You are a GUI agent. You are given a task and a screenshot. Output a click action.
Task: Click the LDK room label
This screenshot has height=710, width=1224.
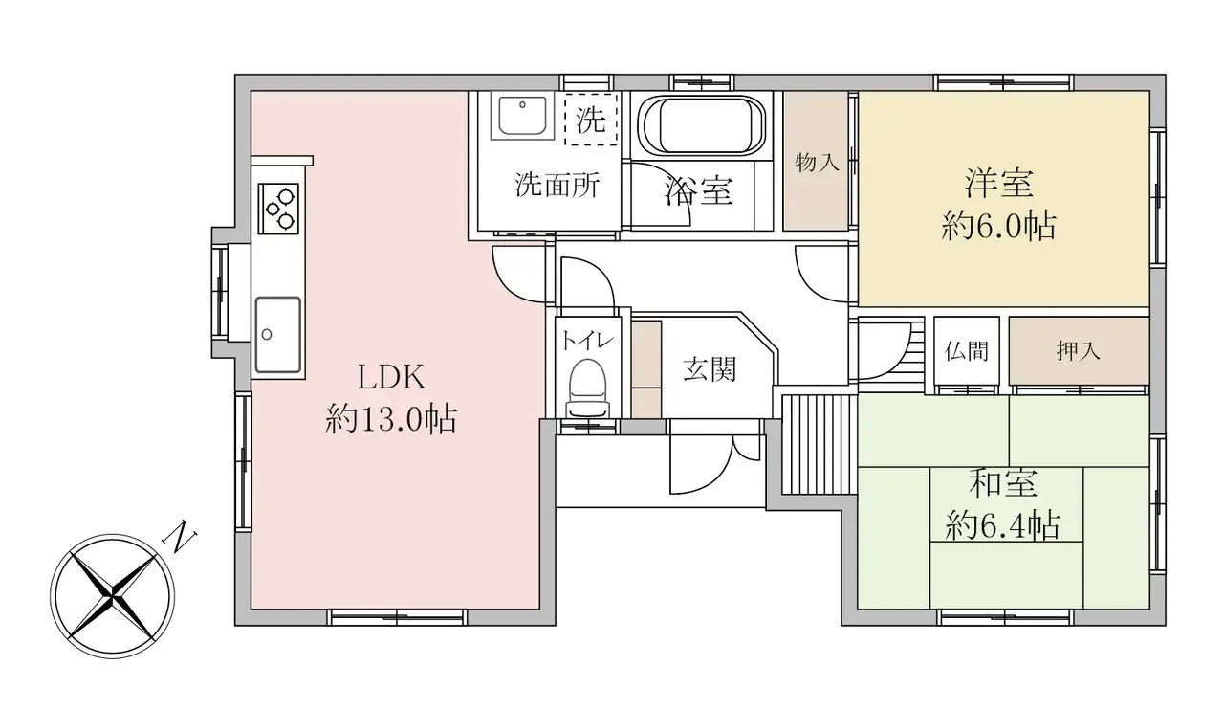click(391, 378)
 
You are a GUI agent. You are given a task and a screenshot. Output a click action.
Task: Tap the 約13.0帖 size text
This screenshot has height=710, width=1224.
click(391, 420)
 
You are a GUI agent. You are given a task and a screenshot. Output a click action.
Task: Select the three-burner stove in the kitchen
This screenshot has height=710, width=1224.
click(278, 209)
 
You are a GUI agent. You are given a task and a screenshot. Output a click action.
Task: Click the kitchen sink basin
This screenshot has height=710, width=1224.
click(278, 334)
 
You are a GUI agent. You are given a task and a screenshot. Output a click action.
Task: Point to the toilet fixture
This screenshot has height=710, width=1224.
click(587, 388)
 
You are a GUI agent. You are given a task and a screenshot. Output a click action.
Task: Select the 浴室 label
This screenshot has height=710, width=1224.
click(698, 191)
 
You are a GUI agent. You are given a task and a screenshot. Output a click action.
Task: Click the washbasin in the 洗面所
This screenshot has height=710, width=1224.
click(522, 118)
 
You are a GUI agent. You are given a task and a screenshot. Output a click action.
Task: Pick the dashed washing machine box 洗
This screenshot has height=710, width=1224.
click(591, 120)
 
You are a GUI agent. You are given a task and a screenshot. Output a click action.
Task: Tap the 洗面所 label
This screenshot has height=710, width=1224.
click(557, 185)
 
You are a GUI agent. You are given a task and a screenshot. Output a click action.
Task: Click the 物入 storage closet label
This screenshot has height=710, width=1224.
click(817, 163)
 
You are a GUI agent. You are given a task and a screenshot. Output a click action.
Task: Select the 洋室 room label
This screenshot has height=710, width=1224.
click(999, 184)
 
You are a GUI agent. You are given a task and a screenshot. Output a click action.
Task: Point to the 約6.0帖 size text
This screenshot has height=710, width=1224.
click(998, 226)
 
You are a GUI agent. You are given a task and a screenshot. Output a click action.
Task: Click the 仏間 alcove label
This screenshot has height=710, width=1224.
click(966, 350)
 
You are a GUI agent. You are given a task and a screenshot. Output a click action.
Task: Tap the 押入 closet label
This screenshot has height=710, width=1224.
click(1078, 350)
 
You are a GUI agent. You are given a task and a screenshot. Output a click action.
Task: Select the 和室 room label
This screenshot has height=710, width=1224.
click(1002, 483)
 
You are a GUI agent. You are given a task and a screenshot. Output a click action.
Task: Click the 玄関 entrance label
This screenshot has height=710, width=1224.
click(710, 369)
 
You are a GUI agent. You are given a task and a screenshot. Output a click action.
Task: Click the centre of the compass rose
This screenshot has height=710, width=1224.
click(113, 596)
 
